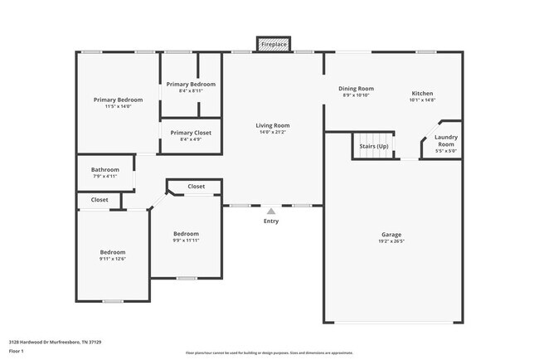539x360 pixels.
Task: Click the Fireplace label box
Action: pos(273,43)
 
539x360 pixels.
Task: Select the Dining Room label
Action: pos(356,89)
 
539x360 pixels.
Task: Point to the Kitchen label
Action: pos(422,94)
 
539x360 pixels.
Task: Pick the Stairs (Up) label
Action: pos(373,146)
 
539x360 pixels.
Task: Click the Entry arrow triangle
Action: pos(271,212)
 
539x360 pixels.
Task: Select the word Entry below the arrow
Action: pos(271,221)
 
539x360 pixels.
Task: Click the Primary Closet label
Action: pos(191,133)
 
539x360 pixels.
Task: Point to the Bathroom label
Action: pos(105,170)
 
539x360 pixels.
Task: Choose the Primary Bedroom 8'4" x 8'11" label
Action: pos(191,85)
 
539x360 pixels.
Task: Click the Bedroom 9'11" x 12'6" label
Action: pos(113,252)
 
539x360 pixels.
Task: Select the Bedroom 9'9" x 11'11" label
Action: pos(186,234)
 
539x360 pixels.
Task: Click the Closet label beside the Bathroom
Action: pos(100,200)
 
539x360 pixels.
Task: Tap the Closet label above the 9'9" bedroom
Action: pos(197,187)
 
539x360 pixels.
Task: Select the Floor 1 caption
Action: pos(17,350)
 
